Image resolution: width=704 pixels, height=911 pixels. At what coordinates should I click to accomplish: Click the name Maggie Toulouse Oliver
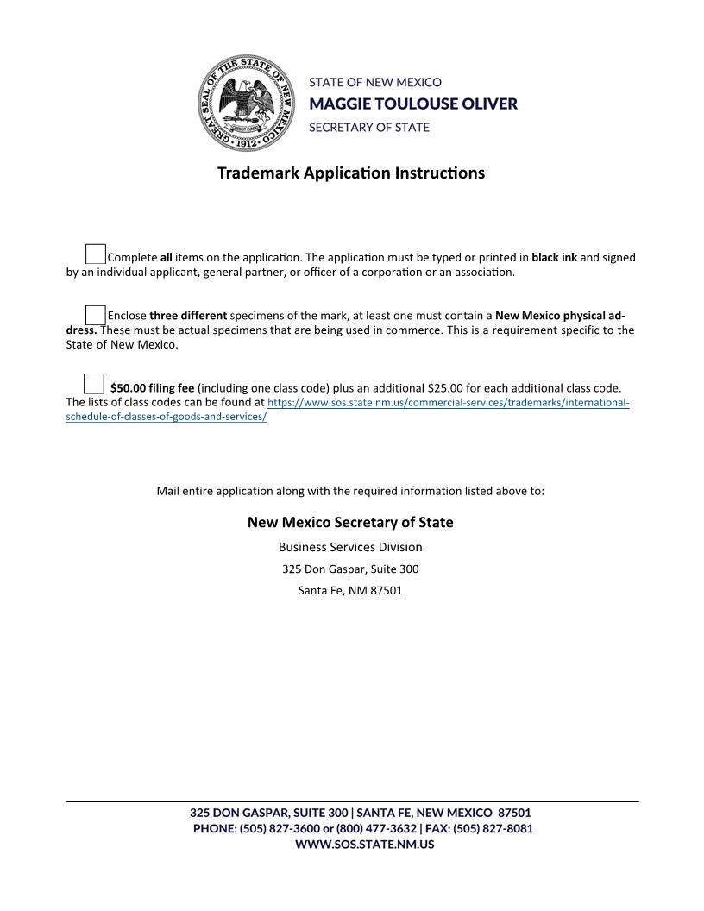click(x=413, y=104)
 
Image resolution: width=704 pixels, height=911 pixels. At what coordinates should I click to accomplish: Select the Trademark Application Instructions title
click(x=351, y=173)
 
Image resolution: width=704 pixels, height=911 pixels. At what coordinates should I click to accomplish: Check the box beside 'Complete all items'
click(x=95, y=254)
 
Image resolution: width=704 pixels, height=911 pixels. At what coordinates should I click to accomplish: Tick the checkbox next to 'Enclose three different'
click(x=95, y=314)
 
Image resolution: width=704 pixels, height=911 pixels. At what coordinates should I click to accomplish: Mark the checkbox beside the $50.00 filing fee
click(x=94, y=383)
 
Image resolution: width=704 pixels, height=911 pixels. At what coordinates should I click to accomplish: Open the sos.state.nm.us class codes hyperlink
click(x=448, y=403)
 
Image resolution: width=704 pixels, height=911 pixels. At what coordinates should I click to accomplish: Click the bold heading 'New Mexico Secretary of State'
click(x=350, y=522)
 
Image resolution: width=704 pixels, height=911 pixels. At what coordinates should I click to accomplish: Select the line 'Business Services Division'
click(x=350, y=547)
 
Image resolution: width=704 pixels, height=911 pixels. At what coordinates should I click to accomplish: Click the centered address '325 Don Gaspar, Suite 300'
click(x=350, y=569)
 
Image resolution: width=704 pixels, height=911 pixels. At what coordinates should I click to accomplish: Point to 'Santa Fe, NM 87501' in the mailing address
click(x=350, y=591)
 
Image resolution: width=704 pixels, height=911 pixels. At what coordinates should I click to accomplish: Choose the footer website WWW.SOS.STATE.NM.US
click(x=364, y=845)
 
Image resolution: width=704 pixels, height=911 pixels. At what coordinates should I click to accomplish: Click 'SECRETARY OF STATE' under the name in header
click(x=369, y=127)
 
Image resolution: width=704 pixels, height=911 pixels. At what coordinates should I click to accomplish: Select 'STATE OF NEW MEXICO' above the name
click(x=375, y=82)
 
